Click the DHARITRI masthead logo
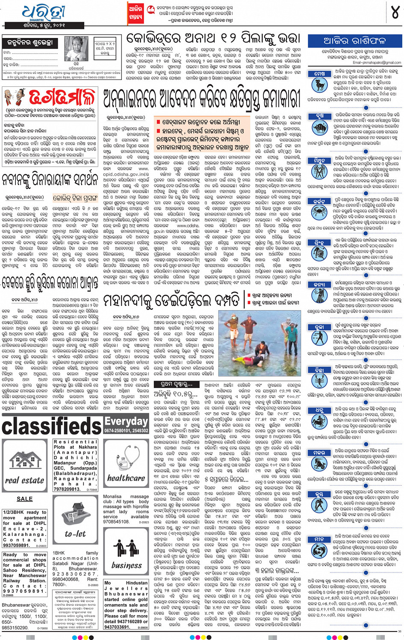pos(43,13)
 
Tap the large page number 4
pos(395,13)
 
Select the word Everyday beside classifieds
pos(126,421)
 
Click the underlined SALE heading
pos(24,499)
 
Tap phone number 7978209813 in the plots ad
pos(67,490)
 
